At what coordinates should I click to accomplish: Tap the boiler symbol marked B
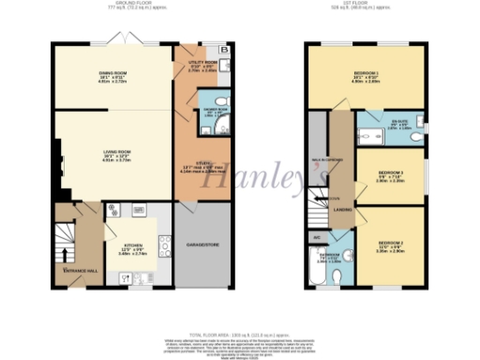[x=223, y=49]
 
